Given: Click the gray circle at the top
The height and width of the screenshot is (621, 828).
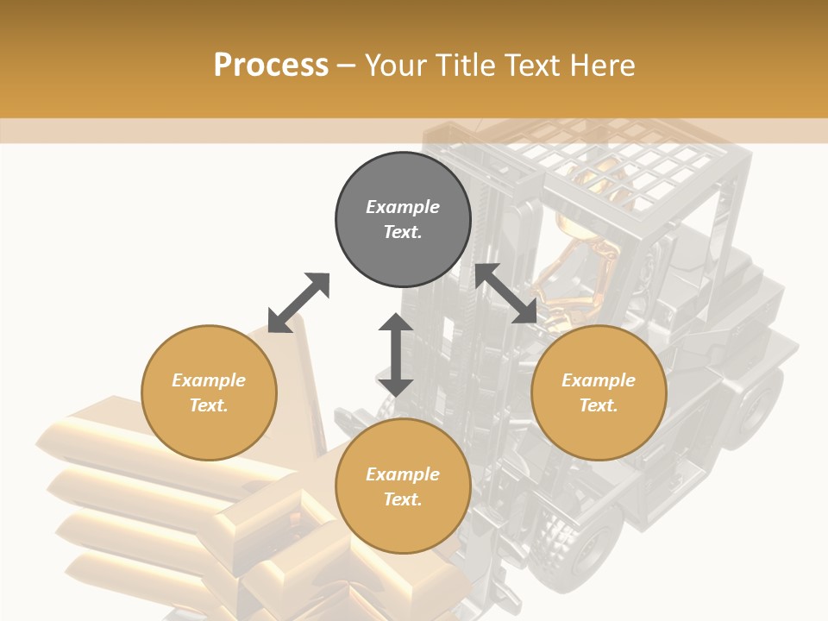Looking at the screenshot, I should point(403,219).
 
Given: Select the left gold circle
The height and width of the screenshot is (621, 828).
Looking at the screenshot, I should point(209,392).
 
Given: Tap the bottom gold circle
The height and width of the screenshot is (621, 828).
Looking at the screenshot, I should point(403,486).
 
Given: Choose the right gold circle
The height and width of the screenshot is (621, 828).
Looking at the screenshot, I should point(599,392).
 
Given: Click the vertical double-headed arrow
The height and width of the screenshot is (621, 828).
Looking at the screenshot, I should point(396,354).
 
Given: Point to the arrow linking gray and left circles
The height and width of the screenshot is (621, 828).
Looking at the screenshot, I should point(299,302).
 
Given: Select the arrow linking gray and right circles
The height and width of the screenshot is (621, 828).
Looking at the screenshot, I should point(506,294).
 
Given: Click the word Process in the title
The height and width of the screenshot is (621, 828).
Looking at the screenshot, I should point(271,65).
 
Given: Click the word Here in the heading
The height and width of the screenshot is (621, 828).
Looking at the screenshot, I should point(604,65).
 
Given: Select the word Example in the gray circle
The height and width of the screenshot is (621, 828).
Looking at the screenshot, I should point(403,207).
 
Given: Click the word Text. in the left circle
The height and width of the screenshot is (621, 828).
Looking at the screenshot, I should point(209,405).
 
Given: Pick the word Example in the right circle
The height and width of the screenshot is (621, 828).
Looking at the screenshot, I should point(599,380).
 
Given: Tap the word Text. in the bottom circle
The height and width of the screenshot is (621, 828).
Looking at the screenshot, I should point(403,499).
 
